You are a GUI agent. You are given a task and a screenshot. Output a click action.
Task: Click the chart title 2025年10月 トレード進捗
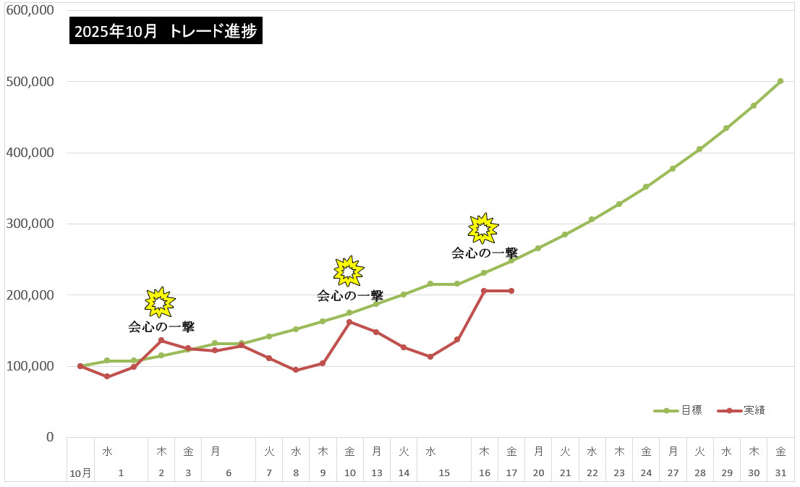pyautogui.click(x=166, y=32)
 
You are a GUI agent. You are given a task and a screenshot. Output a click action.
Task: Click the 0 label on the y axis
pyautogui.click(x=50, y=437)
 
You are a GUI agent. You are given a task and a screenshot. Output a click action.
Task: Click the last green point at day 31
pyautogui.click(x=780, y=81)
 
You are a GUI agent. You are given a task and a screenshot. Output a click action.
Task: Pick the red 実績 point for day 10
pyautogui.click(x=349, y=322)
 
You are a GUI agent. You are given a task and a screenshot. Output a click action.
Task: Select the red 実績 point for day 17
pyautogui.click(x=511, y=291)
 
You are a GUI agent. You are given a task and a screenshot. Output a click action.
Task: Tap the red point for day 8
pyautogui.click(x=296, y=370)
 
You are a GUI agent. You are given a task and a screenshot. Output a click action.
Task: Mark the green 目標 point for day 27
pyautogui.click(x=673, y=169)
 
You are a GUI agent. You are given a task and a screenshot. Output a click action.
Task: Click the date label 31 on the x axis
pyautogui.click(x=780, y=473)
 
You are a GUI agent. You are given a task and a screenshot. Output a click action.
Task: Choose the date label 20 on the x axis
pyautogui.click(x=538, y=473)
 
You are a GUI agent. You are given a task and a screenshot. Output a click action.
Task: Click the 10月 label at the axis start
pyautogui.click(x=80, y=473)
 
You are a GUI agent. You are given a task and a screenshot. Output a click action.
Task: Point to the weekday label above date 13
pyautogui.click(x=377, y=452)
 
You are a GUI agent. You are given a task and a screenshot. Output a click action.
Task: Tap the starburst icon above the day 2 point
pyautogui.click(x=160, y=302)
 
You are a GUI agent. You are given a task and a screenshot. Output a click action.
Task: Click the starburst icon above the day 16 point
pyautogui.click(x=483, y=229)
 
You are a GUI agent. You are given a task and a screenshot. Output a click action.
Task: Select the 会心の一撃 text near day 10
pyautogui.click(x=349, y=295)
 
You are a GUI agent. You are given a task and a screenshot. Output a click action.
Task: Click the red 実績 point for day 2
pyautogui.click(x=161, y=340)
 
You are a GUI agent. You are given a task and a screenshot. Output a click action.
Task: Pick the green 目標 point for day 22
pyautogui.click(x=592, y=219)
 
